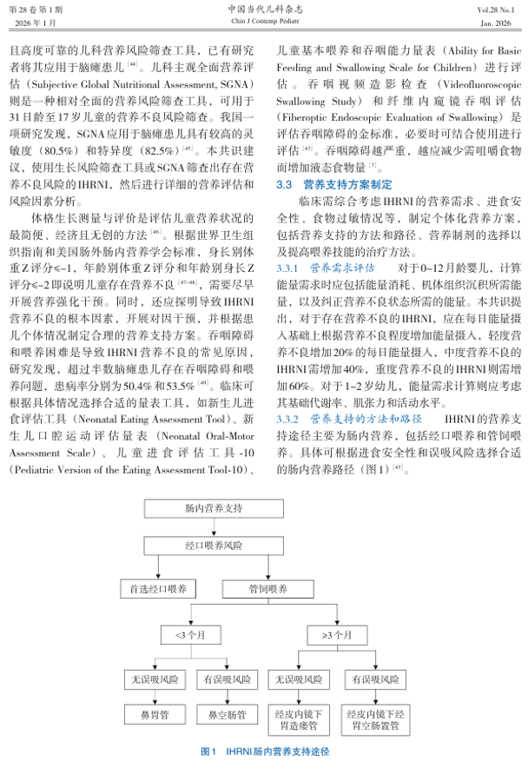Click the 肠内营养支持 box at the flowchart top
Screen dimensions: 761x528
(x=214, y=506)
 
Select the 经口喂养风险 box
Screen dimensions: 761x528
(x=214, y=549)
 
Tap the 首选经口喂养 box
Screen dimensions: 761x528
(x=154, y=590)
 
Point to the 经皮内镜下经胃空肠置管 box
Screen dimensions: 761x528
(x=372, y=718)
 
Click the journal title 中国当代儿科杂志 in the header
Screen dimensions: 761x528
(x=264, y=8)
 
